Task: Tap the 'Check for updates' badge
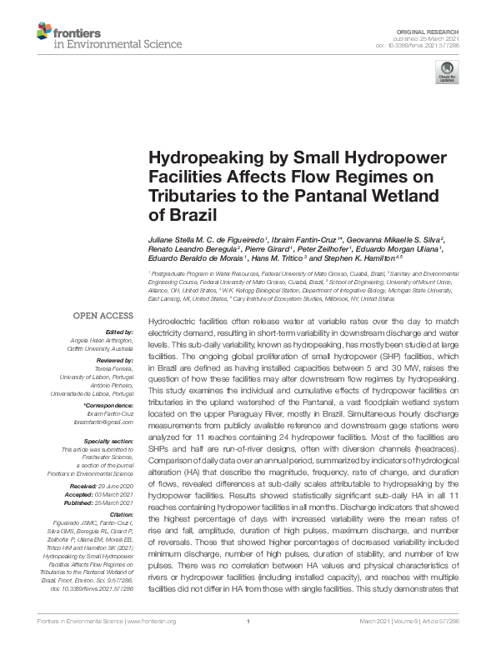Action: tap(449, 72)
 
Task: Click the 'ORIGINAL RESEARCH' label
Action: tap(438, 31)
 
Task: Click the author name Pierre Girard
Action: tap(268, 249)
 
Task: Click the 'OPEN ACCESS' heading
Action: tap(103, 316)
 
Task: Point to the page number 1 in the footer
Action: tap(248, 642)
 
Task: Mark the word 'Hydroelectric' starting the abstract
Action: tap(172, 321)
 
